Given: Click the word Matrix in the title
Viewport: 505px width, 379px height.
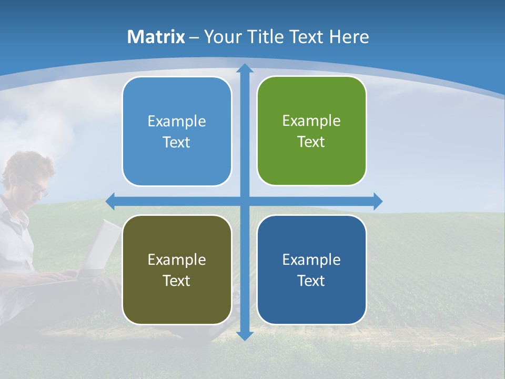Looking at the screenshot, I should (x=156, y=37).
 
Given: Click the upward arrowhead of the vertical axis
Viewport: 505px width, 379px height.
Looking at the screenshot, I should (x=244, y=68).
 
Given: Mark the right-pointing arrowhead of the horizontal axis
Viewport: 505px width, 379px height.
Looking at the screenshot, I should (x=377, y=201).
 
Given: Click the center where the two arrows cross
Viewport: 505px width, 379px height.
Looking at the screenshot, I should (x=244, y=201).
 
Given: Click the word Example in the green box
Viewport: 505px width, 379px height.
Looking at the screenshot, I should (x=311, y=121).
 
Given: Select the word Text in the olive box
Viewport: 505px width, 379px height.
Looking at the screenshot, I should (x=176, y=281).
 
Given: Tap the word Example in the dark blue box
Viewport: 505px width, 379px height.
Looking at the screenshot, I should (x=311, y=260).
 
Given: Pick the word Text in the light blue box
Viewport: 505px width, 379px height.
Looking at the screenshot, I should (x=176, y=143).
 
